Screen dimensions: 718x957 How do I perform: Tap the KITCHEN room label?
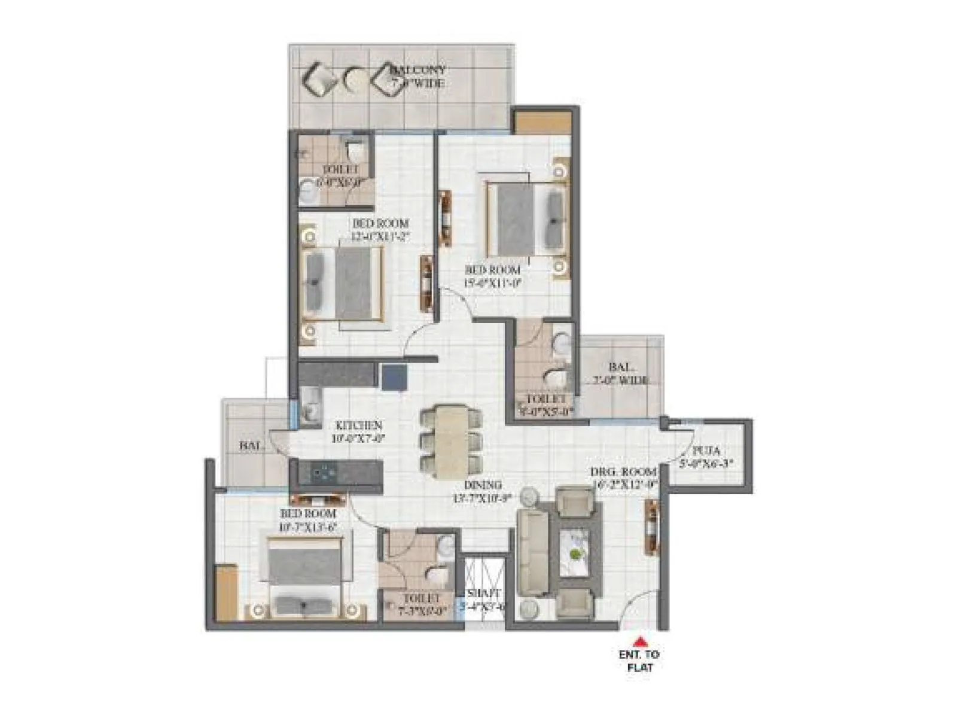[x=358, y=425]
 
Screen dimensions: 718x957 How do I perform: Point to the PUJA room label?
[x=706, y=451]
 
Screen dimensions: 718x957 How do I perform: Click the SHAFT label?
[x=484, y=593]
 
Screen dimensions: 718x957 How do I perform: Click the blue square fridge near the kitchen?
[x=394, y=378]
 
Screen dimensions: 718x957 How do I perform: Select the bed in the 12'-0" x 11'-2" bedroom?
[x=343, y=283]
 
